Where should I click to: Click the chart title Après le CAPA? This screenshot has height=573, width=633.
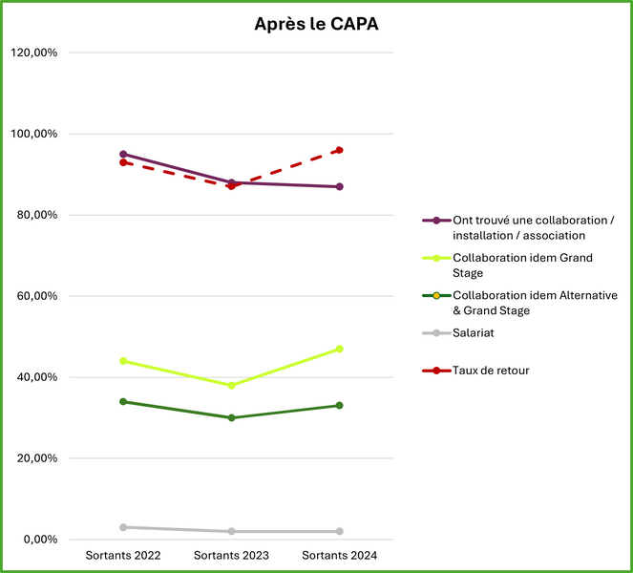pos(316,25)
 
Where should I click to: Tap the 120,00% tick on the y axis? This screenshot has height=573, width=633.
pos(34,53)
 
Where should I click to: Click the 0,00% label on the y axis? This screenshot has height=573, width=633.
pos(40,540)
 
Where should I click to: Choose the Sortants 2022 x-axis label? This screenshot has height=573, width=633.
pos(123,556)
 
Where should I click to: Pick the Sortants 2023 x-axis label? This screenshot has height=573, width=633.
pos(231,556)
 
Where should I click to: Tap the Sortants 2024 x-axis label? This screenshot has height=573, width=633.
pos(339,556)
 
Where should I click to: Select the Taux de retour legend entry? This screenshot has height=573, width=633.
pos(491,370)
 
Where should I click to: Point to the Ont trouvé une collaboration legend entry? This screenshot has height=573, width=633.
pos(533,227)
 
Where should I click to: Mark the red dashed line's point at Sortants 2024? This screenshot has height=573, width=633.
pos(339,150)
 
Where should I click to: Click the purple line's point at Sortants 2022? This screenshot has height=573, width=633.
pos(123,154)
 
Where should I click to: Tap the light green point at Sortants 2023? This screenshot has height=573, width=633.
pos(231,385)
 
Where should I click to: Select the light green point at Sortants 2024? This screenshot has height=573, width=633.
pos(339,349)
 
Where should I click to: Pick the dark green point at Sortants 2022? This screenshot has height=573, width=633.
pos(123,401)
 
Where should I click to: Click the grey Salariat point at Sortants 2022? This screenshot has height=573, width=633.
pos(123,527)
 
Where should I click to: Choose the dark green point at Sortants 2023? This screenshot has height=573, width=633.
pos(231,417)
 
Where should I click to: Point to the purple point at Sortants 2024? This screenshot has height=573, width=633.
pos(339,186)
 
